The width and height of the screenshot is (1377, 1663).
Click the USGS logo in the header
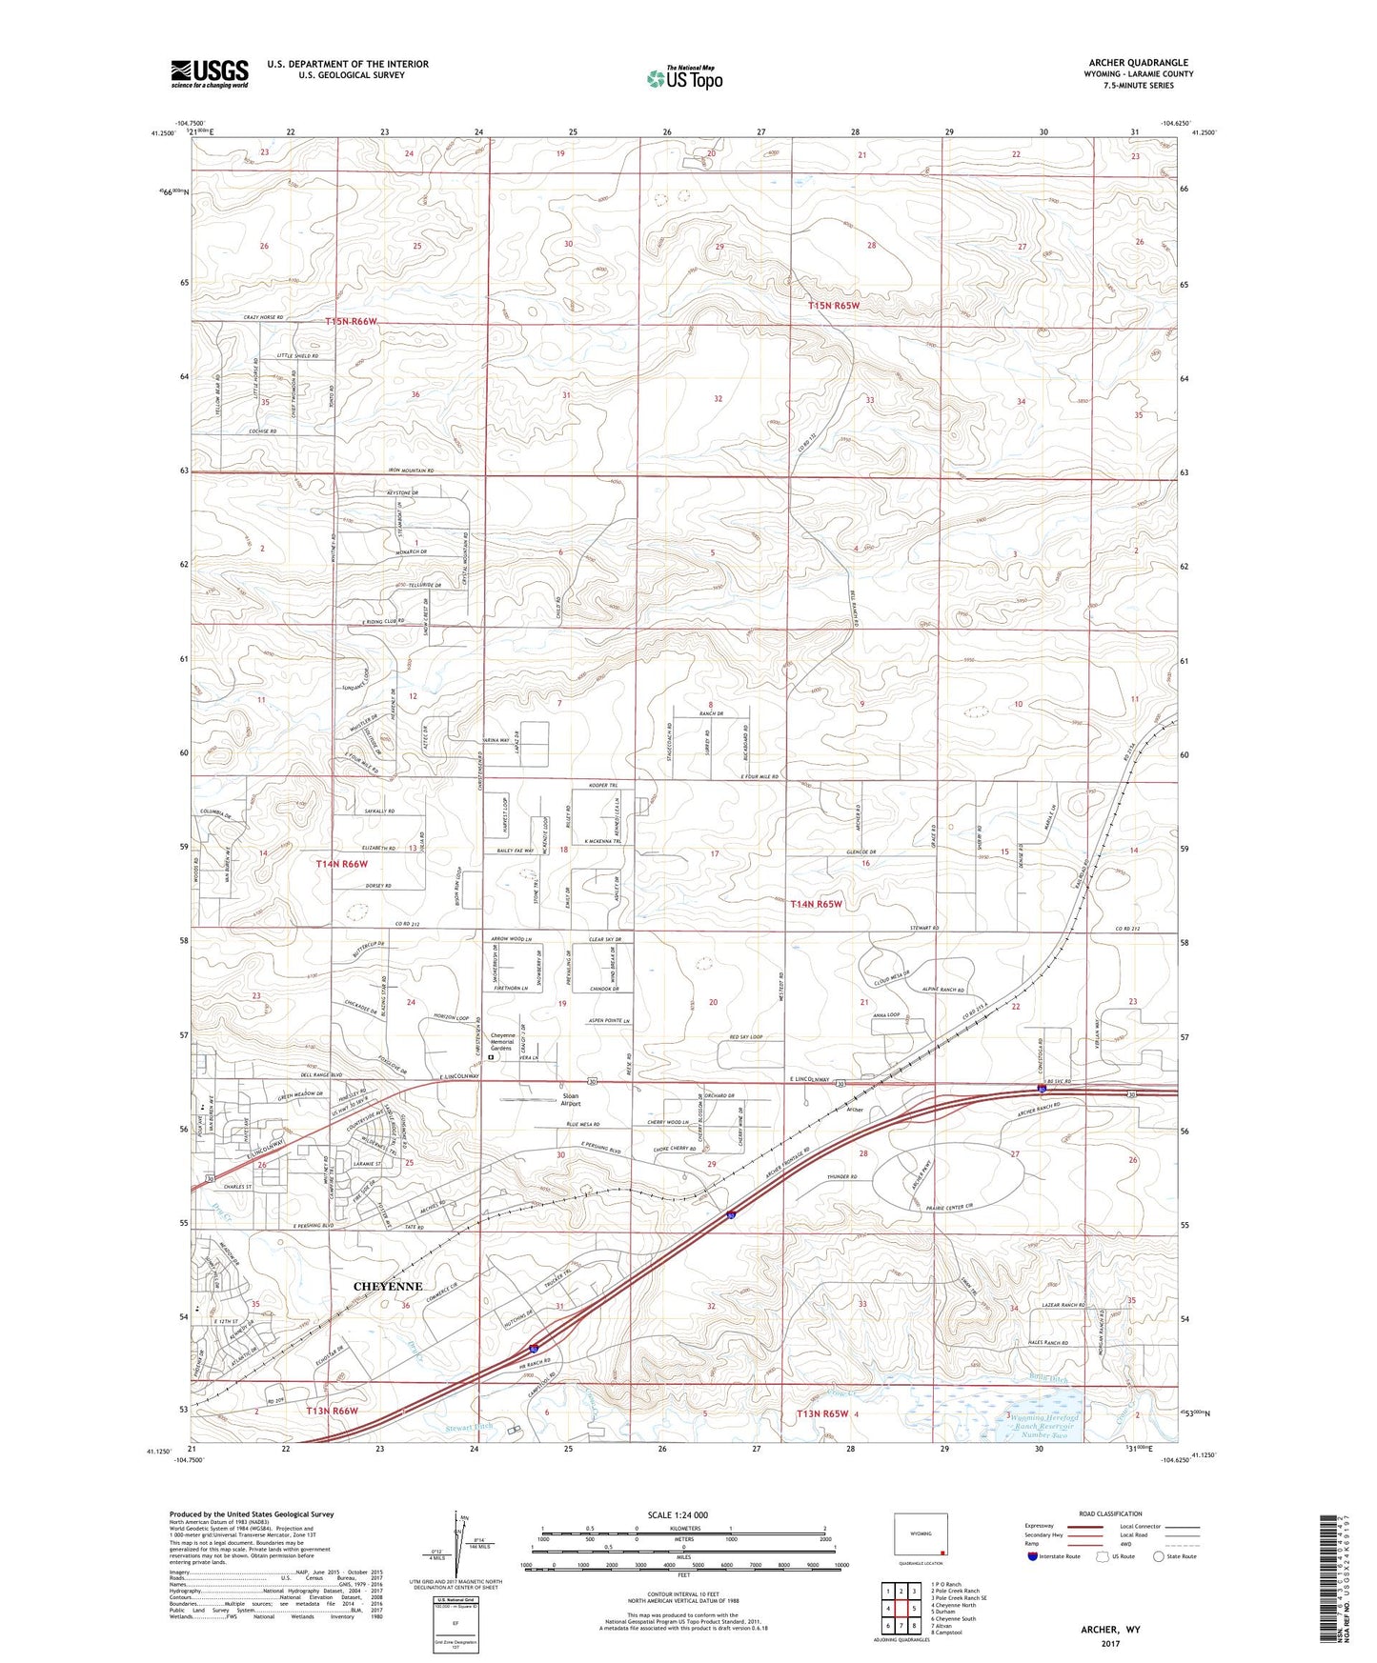[x=210, y=73]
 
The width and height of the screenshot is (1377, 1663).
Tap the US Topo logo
[x=684, y=78]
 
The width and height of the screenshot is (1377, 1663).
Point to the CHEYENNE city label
[x=387, y=1286]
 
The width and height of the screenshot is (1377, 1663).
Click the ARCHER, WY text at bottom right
[x=1110, y=1630]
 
